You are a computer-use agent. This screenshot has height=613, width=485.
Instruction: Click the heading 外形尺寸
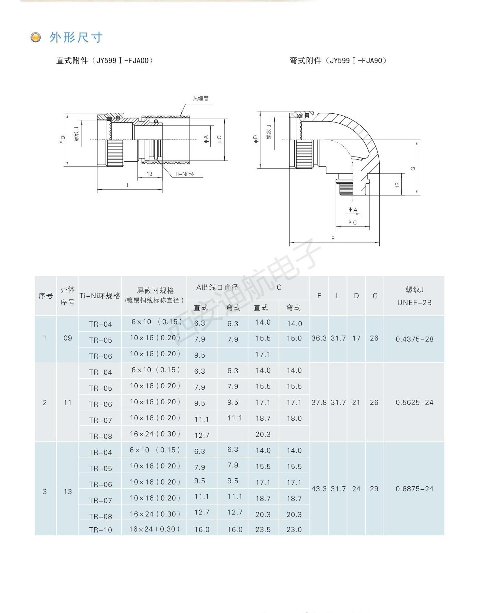[76, 37]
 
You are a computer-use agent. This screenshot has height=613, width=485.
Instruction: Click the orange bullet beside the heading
[36, 37]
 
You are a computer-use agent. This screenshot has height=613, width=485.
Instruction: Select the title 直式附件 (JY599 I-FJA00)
[105, 61]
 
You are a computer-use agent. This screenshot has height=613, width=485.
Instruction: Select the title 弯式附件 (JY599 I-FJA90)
[338, 61]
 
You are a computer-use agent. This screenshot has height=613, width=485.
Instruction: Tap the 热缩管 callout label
[201, 98]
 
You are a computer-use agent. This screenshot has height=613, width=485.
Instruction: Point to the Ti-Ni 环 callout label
[184, 174]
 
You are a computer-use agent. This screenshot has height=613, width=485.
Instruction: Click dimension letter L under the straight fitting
[128, 185]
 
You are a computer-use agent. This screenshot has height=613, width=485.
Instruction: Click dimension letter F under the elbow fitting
[333, 239]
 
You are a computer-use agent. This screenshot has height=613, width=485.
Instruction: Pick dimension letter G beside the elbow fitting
[413, 168]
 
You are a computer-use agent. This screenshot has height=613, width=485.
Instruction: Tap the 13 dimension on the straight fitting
[149, 174]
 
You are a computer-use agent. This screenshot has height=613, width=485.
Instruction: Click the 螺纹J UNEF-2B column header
[414, 296]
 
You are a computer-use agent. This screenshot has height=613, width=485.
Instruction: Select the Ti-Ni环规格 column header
[100, 296]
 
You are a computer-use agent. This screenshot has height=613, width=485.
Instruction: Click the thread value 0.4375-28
[414, 339]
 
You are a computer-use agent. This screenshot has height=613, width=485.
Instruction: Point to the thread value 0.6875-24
[414, 489]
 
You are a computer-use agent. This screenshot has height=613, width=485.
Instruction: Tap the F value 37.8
[319, 403]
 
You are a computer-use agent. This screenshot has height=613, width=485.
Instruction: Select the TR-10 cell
[100, 530]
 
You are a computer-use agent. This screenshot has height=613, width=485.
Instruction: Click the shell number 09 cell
[68, 338]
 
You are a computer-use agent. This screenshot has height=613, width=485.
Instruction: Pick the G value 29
[374, 489]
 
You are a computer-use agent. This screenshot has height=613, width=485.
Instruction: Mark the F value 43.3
[319, 489]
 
